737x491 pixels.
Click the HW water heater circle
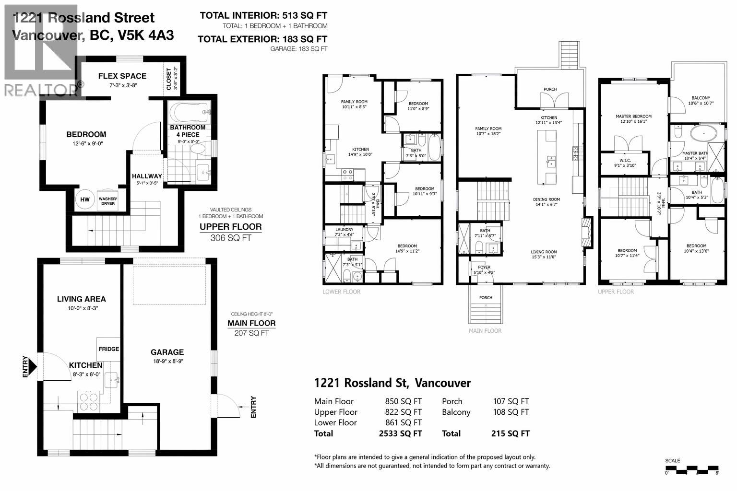tap(85, 199)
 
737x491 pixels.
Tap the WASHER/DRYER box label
tap(107, 200)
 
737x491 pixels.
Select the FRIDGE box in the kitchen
tap(109, 349)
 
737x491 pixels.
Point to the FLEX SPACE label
tap(122, 76)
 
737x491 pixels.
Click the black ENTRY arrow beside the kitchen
tap(32, 366)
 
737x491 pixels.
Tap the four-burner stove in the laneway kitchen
tap(89, 401)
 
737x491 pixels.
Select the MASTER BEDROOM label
tap(633, 117)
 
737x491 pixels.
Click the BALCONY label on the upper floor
tap(701, 98)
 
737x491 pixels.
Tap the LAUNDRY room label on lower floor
tap(344, 230)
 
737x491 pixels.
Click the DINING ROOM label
tap(546, 199)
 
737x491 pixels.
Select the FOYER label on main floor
tap(484, 268)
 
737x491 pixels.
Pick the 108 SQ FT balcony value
tap(511, 412)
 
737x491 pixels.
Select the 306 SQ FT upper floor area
tap(230, 238)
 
